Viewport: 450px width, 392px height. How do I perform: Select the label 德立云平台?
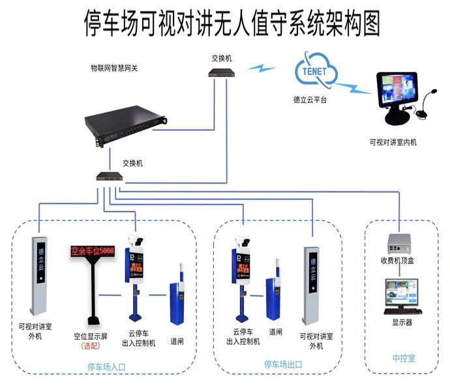[310, 100]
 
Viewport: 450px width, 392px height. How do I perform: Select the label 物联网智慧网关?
[119, 68]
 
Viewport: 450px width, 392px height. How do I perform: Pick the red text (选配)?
[91, 346]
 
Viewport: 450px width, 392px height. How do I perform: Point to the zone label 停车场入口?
[106, 367]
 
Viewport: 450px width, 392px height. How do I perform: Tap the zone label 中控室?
[403, 359]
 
